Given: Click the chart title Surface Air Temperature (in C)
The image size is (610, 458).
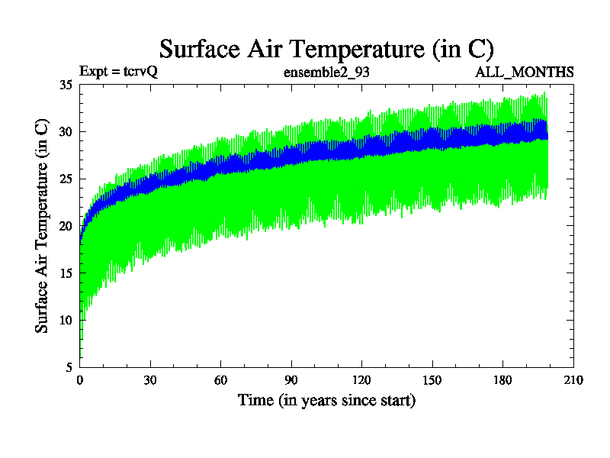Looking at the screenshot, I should pyautogui.click(x=326, y=49).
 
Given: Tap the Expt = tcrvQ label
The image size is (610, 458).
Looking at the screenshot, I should pyautogui.click(x=118, y=73).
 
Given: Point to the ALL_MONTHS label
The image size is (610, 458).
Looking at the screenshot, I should pyautogui.click(x=525, y=73).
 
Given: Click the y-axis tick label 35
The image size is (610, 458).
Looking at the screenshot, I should pyautogui.click(x=66, y=85).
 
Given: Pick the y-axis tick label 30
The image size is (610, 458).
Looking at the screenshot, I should pyautogui.click(x=66, y=131).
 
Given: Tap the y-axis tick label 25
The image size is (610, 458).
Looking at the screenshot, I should pyautogui.click(x=66, y=179).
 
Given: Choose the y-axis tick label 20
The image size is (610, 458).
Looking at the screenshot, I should pyautogui.click(x=66, y=226).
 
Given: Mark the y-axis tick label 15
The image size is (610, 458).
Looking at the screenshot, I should pyautogui.click(x=66, y=273).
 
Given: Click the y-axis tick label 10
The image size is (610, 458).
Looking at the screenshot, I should pyautogui.click(x=66, y=320).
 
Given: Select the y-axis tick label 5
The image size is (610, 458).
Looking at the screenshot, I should pyautogui.click(x=69, y=366).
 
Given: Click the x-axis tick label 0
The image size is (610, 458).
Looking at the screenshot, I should pyautogui.click(x=80, y=380).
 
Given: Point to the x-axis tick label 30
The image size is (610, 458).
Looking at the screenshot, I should pyautogui.click(x=150, y=380).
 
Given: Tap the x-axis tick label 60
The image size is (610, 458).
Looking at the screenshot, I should pyautogui.click(x=221, y=380).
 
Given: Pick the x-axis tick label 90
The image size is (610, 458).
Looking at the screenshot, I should pyautogui.click(x=291, y=380).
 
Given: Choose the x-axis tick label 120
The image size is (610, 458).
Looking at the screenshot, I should pyautogui.click(x=361, y=380).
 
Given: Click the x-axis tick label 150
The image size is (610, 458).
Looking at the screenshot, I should pyautogui.click(x=432, y=380).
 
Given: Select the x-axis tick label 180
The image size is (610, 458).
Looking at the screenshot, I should pyautogui.click(x=502, y=380).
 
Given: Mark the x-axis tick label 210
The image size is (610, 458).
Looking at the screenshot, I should pyautogui.click(x=573, y=380).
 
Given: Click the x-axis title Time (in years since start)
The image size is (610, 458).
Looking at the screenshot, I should pyautogui.click(x=326, y=400).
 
